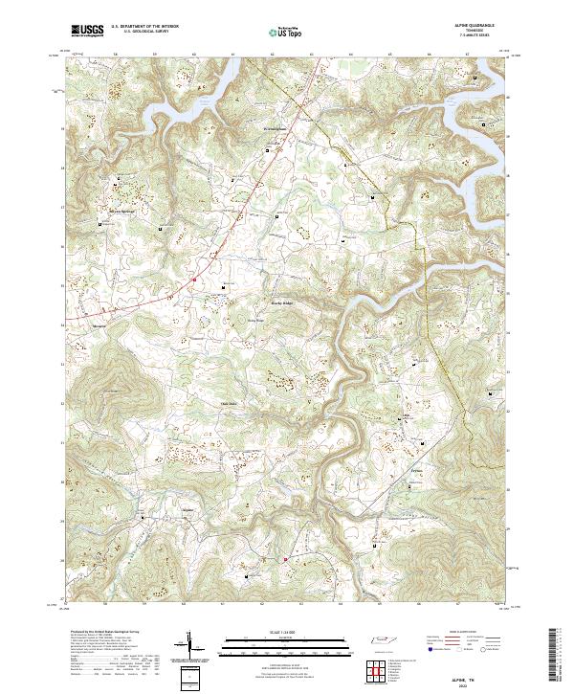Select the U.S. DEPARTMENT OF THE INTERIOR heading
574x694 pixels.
click(144, 27)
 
